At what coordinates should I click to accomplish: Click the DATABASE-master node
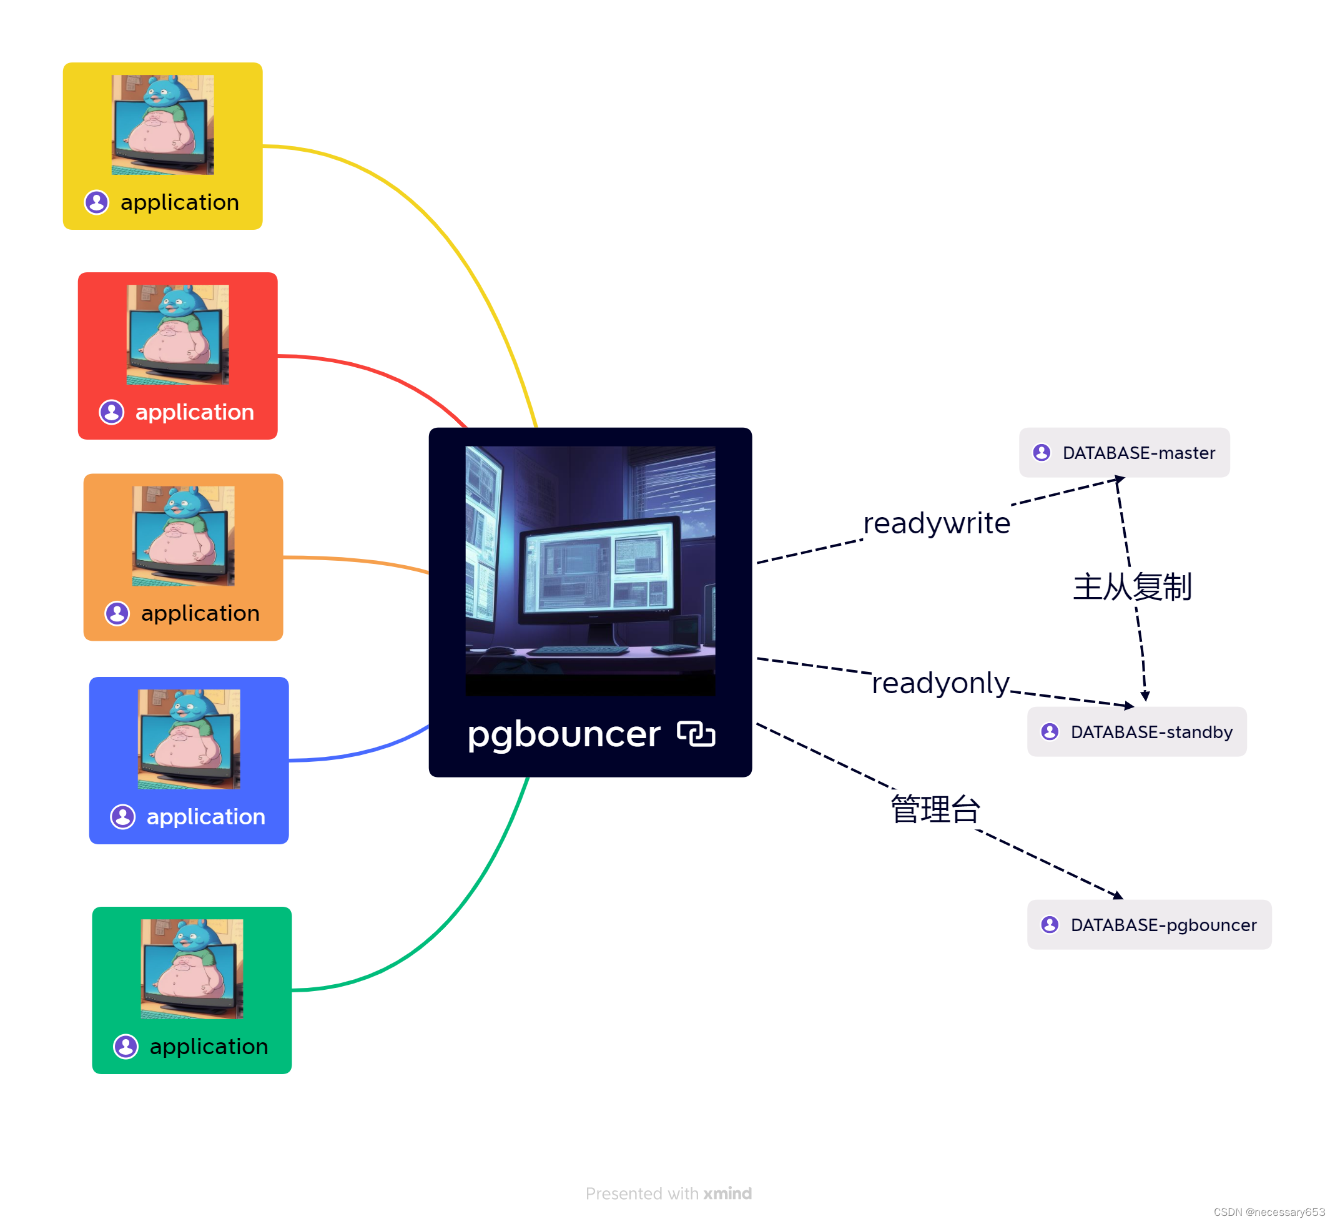click(1124, 452)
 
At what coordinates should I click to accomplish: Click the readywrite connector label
click(937, 523)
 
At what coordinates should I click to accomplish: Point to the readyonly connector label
click(940, 683)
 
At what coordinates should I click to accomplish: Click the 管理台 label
click(934, 809)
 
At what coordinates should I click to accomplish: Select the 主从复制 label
click(1131, 587)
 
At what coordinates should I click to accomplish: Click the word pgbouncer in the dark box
click(563, 734)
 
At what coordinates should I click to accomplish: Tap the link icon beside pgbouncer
click(696, 734)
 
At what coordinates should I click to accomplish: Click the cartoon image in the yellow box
click(163, 124)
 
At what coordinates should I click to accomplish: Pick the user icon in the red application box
click(111, 412)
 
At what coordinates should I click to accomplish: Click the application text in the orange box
click(200, 613)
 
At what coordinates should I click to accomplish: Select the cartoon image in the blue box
click(189, 739)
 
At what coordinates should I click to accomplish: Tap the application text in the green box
click(209, 1047)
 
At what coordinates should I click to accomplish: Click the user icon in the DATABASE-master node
click(1042, 452)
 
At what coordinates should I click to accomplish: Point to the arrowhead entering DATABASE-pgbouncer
click(1118, 896)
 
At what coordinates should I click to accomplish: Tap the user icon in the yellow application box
click(97, 202)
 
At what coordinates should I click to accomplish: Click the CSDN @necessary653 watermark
click(1269, 1212)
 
